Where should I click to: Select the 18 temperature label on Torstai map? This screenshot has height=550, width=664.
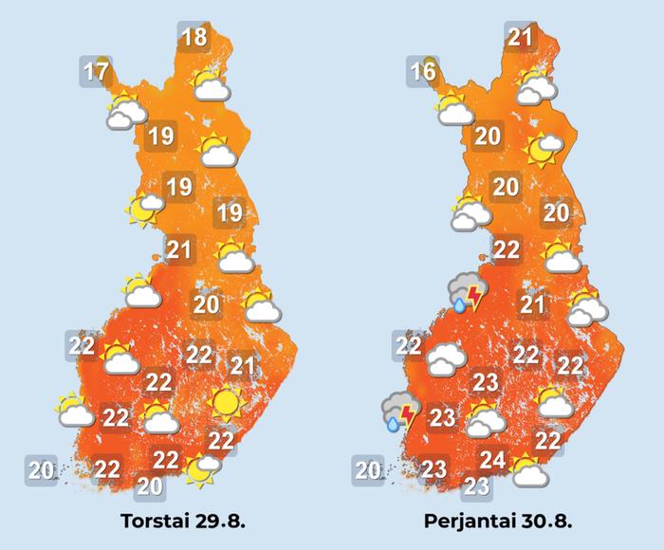pos(194,38)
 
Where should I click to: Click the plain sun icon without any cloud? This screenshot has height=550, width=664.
pos(224,402)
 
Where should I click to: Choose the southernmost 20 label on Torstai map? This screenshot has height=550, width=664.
pos(149,486)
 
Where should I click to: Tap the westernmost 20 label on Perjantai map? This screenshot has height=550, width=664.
pos(368,467)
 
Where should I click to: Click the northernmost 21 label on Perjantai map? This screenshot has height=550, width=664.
pos(519,38)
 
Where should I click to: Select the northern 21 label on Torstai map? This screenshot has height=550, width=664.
pos(179,250)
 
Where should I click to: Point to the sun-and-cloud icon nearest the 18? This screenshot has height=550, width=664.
pos(210,84)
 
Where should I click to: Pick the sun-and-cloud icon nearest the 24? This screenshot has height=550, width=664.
pos(527,468)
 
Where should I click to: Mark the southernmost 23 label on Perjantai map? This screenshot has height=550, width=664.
pos(477,487)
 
